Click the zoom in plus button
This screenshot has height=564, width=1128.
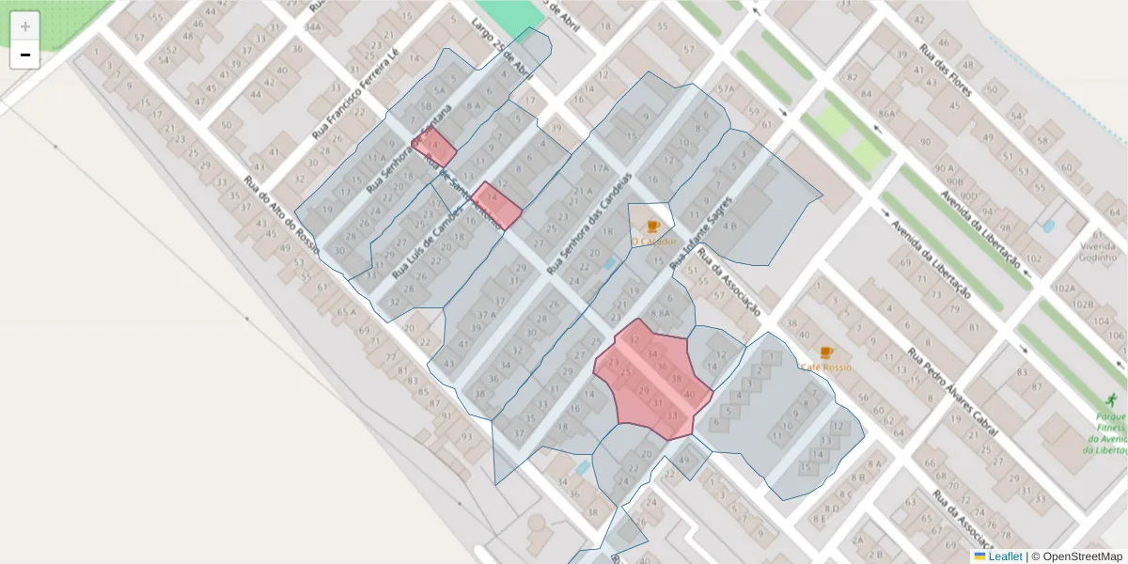click(25, 26)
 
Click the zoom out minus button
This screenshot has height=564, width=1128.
click(25, 55)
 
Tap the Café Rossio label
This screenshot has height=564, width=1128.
click(826, 368)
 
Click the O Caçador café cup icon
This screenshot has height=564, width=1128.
click(653, 226)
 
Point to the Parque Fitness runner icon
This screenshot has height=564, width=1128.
click(1112, 399)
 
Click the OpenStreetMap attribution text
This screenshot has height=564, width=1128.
click(1077, 556)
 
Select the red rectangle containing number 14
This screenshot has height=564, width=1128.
click(496, 206)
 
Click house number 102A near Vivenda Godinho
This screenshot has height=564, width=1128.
click(1065, 290)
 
